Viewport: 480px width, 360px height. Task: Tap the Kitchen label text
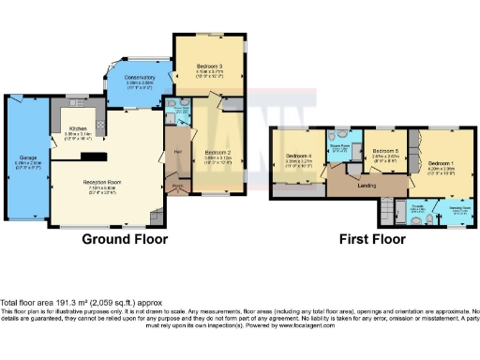tap(78, 129)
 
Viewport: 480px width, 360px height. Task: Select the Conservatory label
tap(140, 78)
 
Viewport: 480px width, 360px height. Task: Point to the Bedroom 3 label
tap(209, 66)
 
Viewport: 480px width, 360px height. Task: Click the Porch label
tap(176, 186)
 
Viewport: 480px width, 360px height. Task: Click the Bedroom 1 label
tap(441, 162)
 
